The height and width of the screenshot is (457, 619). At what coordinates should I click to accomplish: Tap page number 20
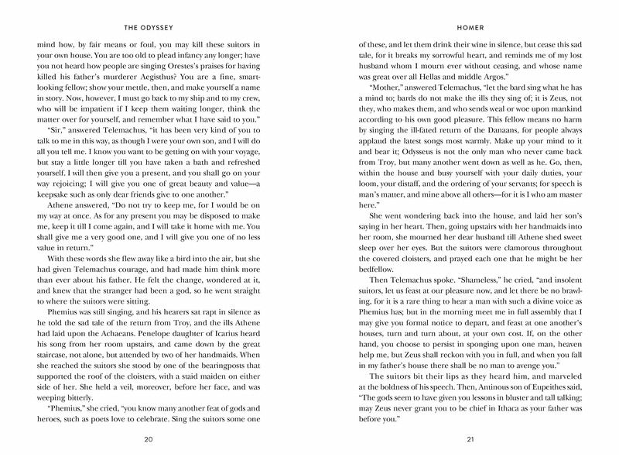pyautogui.click(x=159, y=440)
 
